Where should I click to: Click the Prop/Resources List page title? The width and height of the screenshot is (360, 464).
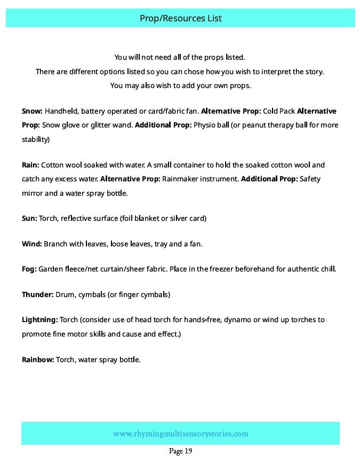[180, 18]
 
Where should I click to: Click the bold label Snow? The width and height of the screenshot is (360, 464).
[32, 111]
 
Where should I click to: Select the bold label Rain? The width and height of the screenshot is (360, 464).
[30, 165]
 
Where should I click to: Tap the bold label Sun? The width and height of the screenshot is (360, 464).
[29, 219]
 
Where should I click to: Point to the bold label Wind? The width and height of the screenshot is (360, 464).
[31, 244]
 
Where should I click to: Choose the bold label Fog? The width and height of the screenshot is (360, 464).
[29, 269]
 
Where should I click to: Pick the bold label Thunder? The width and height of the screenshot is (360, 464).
[37, 294]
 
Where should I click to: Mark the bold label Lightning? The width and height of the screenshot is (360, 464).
[39, 320]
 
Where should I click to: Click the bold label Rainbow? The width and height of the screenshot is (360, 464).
[38, 360]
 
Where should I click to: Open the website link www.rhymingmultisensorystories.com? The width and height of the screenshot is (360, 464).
[180, 434]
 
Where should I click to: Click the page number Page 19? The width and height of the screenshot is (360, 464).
[180, 451]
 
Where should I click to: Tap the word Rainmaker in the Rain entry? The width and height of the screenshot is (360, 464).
[181, 179]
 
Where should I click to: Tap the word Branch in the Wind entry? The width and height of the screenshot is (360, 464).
[55, 244]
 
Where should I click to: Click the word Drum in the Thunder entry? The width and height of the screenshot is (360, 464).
[65, 294]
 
